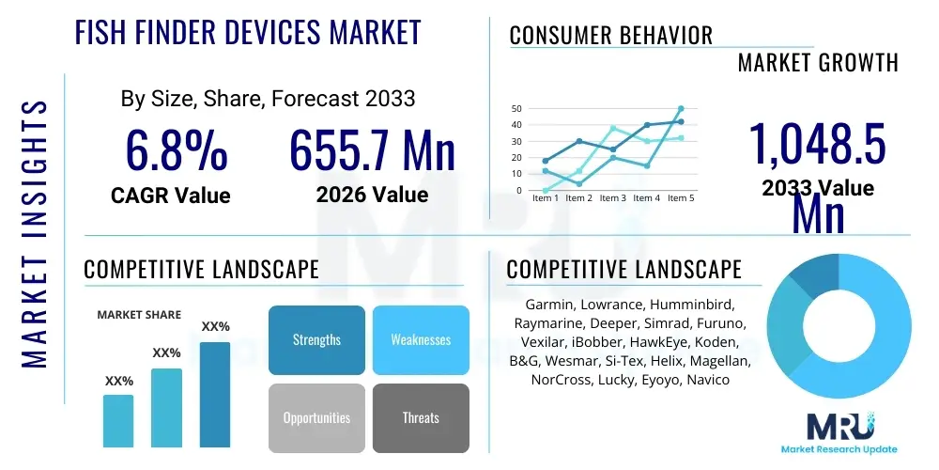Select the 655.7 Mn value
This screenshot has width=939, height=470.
click(372, 150)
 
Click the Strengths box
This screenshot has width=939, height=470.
click(316, 339)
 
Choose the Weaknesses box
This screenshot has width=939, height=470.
click(421, 339)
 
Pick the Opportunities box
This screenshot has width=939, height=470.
click(316, 417)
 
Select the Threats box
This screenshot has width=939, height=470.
click(421, 417)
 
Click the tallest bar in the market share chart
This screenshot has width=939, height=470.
click(215, 394)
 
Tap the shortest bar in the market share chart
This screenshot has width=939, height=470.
click(118, 420)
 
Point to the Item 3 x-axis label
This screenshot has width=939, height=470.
click(612, 198)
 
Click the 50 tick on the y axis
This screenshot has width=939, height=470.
click(516, 109)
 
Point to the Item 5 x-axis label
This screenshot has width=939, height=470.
click(680, 198)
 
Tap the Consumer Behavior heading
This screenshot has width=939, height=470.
click(611, 36)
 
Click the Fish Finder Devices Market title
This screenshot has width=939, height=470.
click(248, 32)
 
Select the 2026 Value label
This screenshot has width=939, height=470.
click(372, 195)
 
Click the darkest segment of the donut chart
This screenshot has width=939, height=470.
click(810, 275)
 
